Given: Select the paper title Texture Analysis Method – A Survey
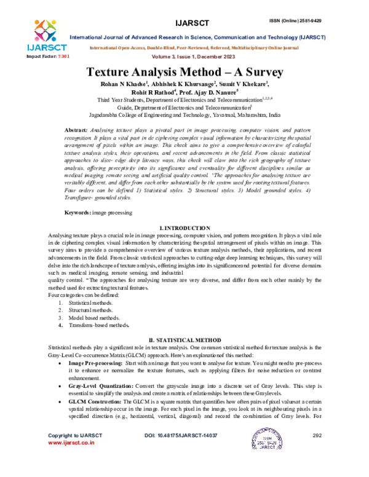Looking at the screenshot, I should [x=184, y=72].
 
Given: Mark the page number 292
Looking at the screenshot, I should [x=317, y=452].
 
